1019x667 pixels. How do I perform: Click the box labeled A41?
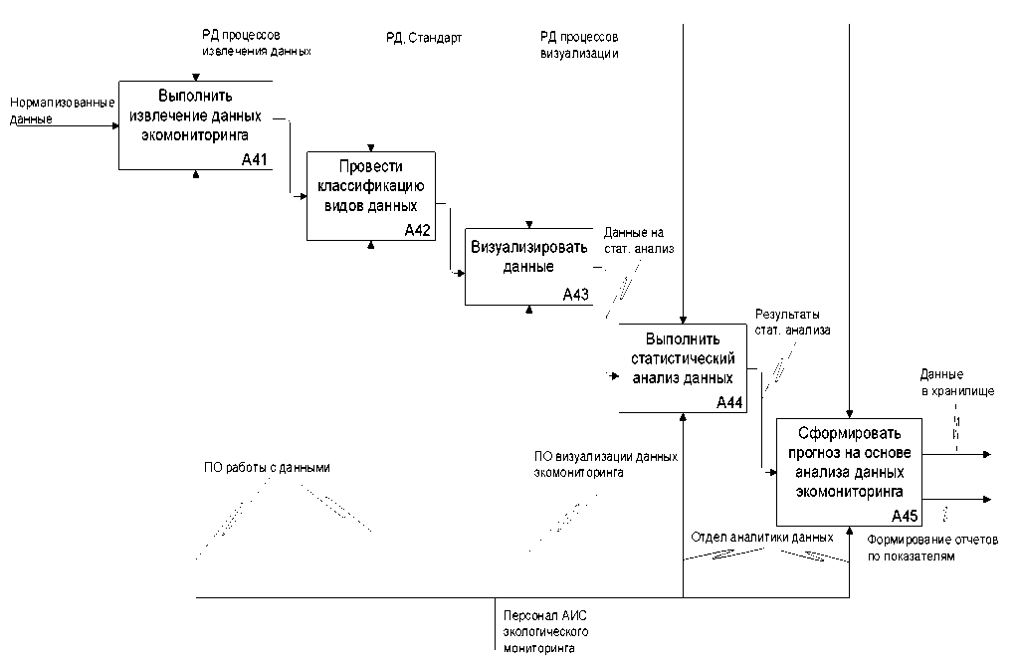coord(195,124)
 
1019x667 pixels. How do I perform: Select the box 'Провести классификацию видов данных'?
coord(369,195)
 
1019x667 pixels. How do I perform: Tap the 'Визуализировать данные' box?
coord(527,265)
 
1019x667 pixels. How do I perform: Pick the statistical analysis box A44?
coord(682,367)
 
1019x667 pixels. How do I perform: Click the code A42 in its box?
coord(417,231)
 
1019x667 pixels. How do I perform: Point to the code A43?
coord(576,295)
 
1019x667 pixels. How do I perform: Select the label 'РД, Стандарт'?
coord(424,38)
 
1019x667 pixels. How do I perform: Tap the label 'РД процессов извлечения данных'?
coord(257,42)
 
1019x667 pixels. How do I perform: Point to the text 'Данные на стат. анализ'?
coord(639,241)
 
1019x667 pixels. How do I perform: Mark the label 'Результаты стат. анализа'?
coord(792,323)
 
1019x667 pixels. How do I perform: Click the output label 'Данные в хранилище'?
coord(956,384)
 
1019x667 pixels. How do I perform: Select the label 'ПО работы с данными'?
coord(266,468)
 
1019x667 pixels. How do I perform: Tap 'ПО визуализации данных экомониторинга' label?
coord(605,464)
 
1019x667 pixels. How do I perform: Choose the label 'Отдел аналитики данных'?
coord(761,537)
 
